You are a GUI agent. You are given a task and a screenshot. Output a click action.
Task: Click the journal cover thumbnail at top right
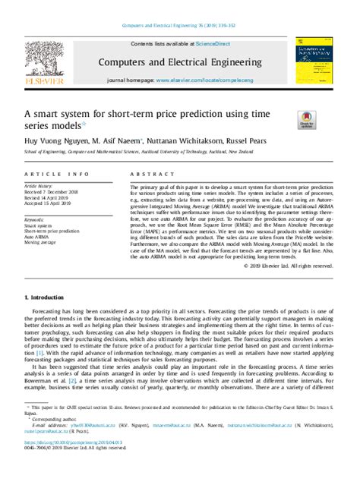[x=316, y=61]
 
